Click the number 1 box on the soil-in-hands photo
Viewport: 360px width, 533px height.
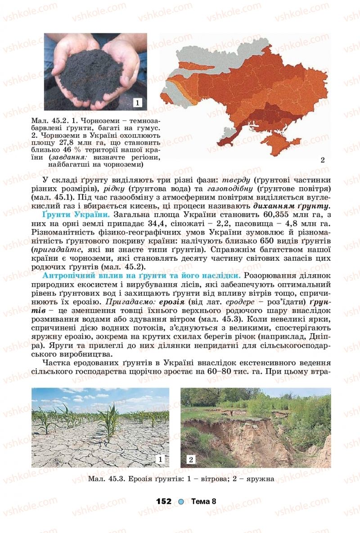(138, 103)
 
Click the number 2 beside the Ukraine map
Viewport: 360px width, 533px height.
(322, 160)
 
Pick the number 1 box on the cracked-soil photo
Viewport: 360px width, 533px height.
(161, 459)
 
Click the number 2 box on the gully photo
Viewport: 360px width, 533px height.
(191, 459)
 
